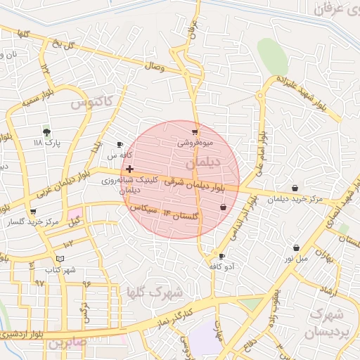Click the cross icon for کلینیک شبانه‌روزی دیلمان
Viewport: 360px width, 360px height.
click(129, 169)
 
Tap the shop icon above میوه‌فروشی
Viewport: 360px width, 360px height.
click(195, 131)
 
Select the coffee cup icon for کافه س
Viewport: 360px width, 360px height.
click(119, 145)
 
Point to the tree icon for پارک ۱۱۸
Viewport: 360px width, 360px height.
click(46, 131)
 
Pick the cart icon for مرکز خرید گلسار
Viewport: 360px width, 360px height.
click(33, 212)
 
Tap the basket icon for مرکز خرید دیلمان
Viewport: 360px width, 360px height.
click(294, 188)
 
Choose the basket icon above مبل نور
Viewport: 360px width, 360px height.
click(297, 247)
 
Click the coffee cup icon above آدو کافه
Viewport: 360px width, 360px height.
click(222, 257)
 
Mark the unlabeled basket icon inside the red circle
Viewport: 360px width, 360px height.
click(223, 207)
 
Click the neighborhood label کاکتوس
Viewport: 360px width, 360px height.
click(91, 103)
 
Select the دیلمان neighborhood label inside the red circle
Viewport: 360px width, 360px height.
click(204, 162)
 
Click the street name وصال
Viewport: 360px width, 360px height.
click(154, 67)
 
